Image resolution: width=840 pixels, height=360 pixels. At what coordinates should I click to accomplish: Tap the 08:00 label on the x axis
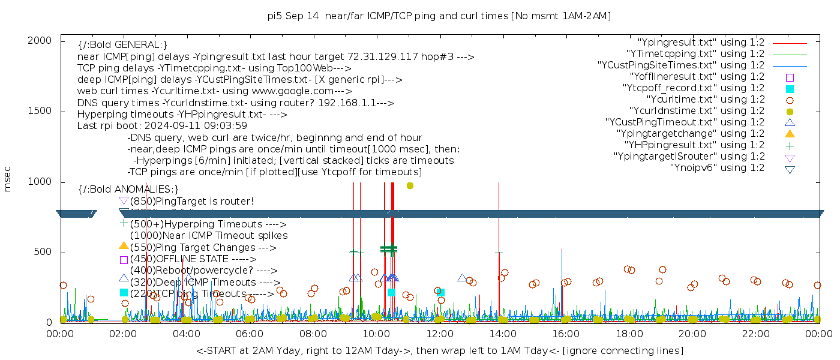click(x=313, y=334)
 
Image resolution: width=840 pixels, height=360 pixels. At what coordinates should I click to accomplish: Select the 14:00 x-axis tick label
click(x=503, y=334)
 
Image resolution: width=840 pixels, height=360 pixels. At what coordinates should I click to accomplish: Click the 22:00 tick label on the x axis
click(x=755, y=334)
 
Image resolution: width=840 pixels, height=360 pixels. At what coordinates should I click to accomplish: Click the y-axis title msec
click(x=8, y=179)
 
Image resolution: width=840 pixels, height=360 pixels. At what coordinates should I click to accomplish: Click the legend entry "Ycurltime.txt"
click(x=704, y=100)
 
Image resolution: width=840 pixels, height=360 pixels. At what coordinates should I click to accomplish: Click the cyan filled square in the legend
click(x=790, y=89)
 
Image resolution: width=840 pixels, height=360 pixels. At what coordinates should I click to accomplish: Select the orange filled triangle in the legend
click(x=790, y=134)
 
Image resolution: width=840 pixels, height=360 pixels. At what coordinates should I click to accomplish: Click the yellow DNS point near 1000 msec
click(x=410, y=185)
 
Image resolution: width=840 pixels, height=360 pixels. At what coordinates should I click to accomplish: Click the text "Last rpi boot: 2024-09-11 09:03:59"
click(x=162, y=126)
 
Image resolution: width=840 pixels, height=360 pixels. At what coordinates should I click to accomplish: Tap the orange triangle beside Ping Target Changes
click(x=124, y=245)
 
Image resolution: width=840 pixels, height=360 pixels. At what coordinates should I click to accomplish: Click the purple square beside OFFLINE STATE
click(x=124, y=260)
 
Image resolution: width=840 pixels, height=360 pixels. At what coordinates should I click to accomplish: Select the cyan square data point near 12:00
click(x=440, y=292)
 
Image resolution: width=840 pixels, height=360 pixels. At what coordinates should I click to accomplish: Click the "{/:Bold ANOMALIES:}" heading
click(x=128, y=189)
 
